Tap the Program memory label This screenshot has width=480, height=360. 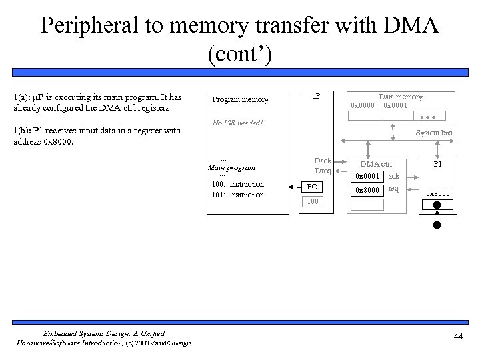pos(240,100)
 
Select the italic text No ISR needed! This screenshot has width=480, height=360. pos(237,123)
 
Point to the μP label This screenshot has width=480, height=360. pos(316,97)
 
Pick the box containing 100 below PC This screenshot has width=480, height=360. pos(313,201)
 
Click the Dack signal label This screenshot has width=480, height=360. pos(323,161)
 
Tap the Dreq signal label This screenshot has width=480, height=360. pos(323,171)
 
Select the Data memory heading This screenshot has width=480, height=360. pos(401,97)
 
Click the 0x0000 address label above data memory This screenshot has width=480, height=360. pos(363,106)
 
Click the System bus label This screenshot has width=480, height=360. pos(434,133)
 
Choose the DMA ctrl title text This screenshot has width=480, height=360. pos(376,164)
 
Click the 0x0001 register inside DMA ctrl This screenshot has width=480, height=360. pos(367,177)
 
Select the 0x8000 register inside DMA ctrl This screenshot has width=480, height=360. pos(367,190)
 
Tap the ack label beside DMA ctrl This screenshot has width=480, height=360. pos(394,177)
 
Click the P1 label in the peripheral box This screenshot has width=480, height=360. pos(437,164)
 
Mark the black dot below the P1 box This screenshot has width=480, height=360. pos(437,225)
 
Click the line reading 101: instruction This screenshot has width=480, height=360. pos(237,195)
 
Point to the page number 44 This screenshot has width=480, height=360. pos(457,337)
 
